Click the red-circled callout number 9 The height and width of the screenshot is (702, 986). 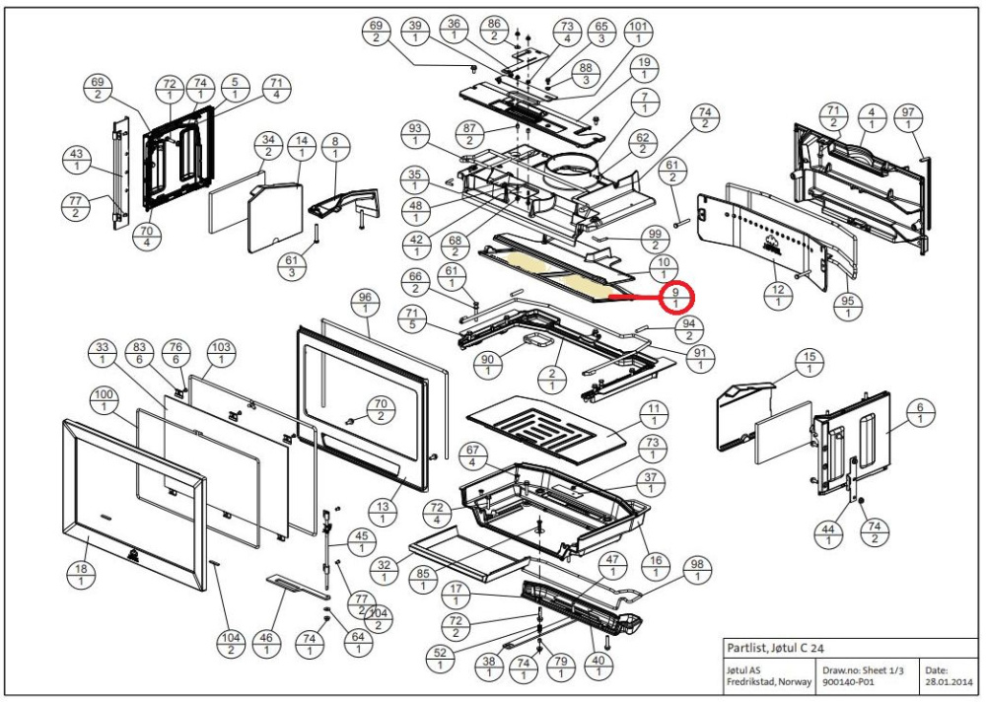pyautogui.click(x=675, y=297)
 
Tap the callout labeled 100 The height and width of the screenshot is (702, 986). pyautogui.click(x=103, y=400)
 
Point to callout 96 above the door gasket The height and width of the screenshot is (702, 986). pyautogui.click(x=365, y=303)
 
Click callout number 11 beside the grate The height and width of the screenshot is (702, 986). pyautogui.click(x=652, y=413)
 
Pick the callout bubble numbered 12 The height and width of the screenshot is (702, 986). pyautogui.click(x=778, y=294)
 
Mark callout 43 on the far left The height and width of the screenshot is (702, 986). pyautogui.click(x=76, y=160)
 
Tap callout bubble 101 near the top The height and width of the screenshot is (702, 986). pyautogui.click(x=639, y=32)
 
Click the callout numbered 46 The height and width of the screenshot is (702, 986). pyautogui.click(x=265, y=645)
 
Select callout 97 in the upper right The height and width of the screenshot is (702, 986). pyautogui.click(x=907, y=121)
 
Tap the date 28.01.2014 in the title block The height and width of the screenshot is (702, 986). pyautogui.click(x=949, y=681)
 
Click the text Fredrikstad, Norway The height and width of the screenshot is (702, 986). pyautogui.click(x=765, y=681)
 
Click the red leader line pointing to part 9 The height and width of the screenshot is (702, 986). pyautogui.click(x=636, y=294)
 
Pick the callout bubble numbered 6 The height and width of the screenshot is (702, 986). pyautogui.click(x=920, y=413)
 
